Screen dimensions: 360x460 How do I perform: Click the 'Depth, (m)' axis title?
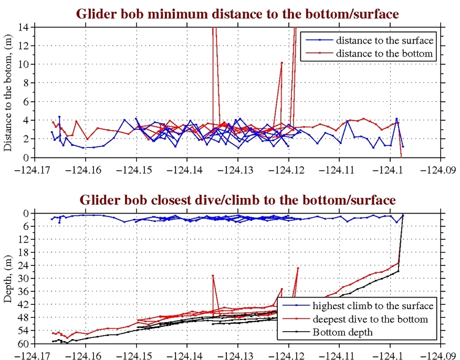point(9,278)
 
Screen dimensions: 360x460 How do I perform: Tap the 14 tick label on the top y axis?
point(24,26)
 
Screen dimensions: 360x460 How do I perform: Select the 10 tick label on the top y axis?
point(24,64)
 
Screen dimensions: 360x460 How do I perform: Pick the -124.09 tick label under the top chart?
point(439,168)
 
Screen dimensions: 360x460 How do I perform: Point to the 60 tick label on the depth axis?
point(23,343)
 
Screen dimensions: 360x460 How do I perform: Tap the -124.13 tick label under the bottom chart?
point(236,354)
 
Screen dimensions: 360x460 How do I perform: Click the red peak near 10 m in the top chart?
point(282,63)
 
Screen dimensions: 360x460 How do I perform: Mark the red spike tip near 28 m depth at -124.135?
point(213,275)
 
